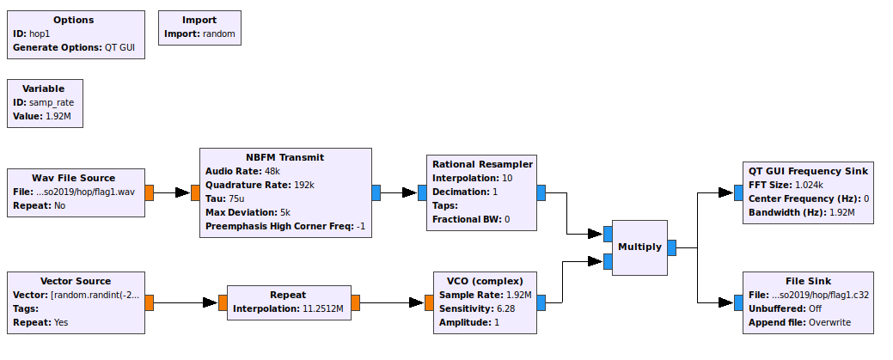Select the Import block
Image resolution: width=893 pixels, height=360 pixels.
tap(199, 27)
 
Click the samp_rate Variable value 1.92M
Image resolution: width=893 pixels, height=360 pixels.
tap(58, 115)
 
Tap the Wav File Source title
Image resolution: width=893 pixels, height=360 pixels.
tap(73, 178)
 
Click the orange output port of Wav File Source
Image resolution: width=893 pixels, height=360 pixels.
tap(149, 192)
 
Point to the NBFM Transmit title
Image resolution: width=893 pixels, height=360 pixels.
tap(284, 157)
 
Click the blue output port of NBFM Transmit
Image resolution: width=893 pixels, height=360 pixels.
tap(376, 192)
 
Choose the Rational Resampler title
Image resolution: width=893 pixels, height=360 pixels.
tap(482, 164)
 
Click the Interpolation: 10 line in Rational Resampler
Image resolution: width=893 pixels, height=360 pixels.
tap(472, 178)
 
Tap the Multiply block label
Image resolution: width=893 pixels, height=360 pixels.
tap(639, 247)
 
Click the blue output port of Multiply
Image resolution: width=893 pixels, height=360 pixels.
tap(671, 247)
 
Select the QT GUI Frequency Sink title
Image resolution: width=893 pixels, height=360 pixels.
tap(808, 171)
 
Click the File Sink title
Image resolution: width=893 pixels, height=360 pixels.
tap(807, 281)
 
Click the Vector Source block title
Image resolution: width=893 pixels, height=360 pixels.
tap(76, 281)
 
